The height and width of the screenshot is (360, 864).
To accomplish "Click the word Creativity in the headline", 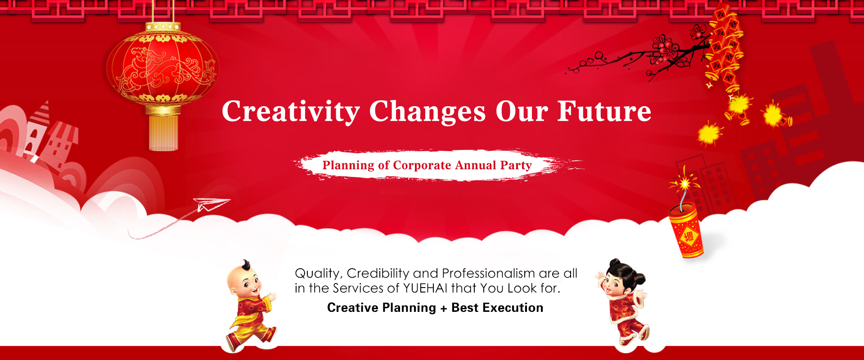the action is point(291,112).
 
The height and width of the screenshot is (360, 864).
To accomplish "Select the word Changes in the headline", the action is point(427,112).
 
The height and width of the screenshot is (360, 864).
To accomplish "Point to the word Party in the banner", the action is point(516,166).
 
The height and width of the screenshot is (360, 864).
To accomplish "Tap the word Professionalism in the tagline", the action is point(488,273).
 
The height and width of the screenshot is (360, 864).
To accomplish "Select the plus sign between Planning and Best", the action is point(444,308).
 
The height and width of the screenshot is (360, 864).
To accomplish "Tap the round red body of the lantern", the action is point(162,67).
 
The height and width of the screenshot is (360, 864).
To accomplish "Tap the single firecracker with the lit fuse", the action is point(686,230).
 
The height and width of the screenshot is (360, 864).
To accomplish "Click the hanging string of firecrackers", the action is point(724,49).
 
